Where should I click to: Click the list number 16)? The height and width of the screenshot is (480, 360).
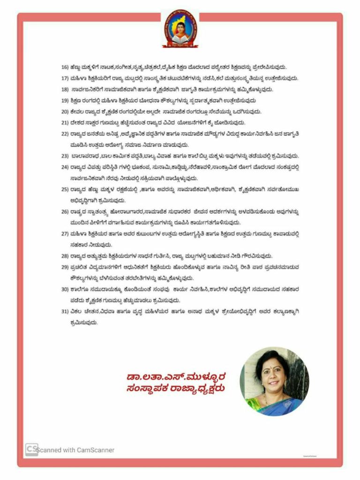point(65,67)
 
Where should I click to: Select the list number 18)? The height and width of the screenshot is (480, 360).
point(65,89)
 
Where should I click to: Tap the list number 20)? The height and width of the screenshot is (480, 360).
point(65,112)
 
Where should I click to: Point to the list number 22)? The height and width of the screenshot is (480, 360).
point(65,134)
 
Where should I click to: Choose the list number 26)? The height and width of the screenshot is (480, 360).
point(65,211)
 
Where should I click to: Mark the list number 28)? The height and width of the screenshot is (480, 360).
point(65,256)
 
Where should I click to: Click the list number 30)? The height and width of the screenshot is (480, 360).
point(65,290)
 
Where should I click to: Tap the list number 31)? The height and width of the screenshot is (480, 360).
point(65,312)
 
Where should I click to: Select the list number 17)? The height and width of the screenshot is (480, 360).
point(65,78)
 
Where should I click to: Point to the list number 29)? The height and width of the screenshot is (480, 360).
point(65,267)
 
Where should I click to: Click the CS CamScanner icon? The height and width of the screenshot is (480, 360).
point(31,449)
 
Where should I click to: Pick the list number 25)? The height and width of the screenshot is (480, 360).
point(65,189)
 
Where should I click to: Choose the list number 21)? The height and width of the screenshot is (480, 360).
point(65,123)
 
